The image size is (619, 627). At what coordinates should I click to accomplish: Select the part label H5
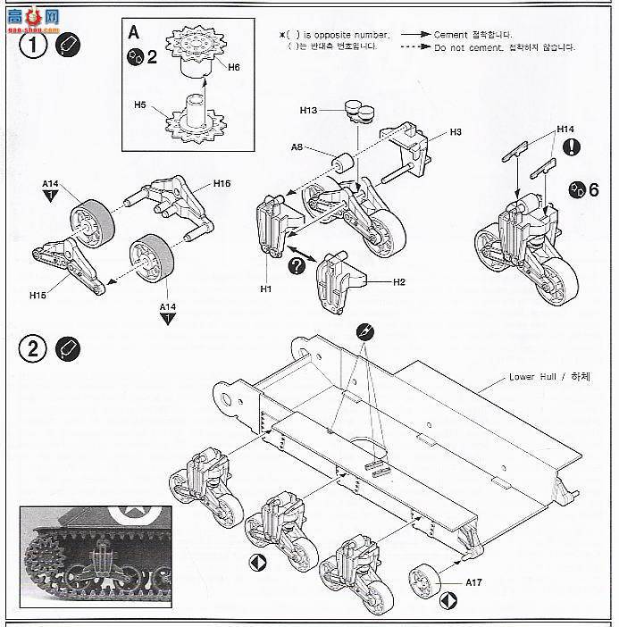click(139, 104)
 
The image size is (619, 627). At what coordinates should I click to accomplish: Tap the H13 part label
click(308, 111)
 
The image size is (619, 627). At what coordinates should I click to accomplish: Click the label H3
click(455, 132)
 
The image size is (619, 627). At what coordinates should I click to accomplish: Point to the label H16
click(222, 184)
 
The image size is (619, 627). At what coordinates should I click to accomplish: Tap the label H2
click(399, 281)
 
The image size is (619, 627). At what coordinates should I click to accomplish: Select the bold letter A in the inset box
click(134, 32)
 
